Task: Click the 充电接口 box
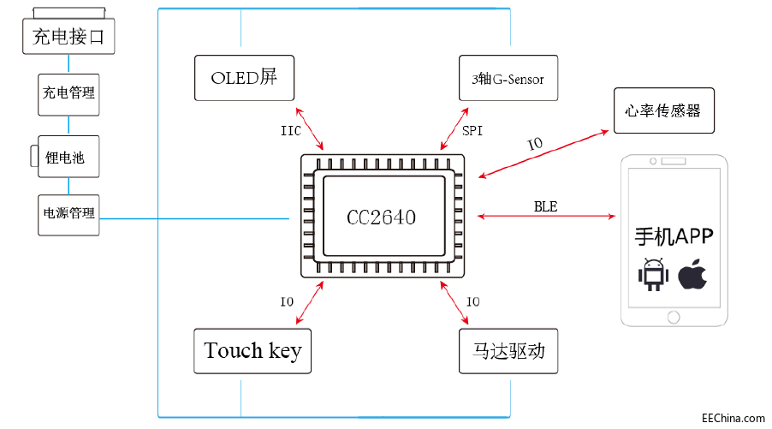68,38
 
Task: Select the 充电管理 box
68,93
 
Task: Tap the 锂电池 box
68,157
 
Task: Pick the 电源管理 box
68,214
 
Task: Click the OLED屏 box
244,78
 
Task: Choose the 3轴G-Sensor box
508,80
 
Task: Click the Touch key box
252,351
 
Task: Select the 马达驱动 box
508,351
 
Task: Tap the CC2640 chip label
381,217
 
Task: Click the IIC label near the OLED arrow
291,132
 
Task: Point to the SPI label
472,132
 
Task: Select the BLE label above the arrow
545,206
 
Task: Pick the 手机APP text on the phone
674,236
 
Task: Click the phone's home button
674,318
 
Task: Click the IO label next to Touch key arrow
288,301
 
